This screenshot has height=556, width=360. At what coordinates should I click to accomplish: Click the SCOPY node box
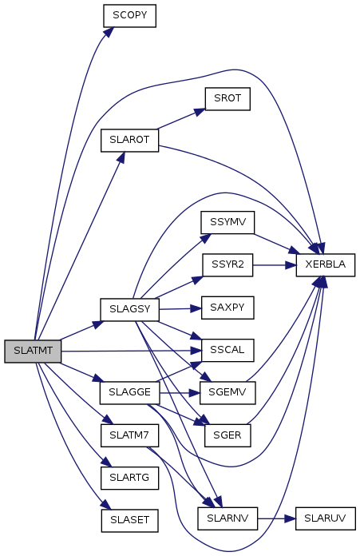coord(129,16)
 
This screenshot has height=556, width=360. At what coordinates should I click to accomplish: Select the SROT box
coord(227,99)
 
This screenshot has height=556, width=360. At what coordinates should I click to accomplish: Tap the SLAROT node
coord(129,141)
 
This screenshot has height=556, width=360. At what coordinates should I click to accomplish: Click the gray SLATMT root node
coord(33,351)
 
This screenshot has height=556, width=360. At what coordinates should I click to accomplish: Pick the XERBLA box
coord(326,265)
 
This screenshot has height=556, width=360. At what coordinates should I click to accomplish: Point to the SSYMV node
coord(227,222)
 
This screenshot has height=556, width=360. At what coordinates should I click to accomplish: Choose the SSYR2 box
coord(227,265)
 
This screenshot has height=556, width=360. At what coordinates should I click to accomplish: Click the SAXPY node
coord(227,308)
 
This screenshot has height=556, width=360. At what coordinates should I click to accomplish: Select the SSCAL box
coord(227,350)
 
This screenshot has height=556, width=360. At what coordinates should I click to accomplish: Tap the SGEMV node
coord(227,392)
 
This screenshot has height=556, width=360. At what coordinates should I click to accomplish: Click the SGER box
coord(227,435)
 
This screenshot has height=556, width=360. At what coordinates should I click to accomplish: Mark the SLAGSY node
coord(129,310)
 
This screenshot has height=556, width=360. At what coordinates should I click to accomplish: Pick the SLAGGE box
coord(129,392)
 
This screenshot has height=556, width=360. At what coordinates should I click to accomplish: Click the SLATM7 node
coord(129,435)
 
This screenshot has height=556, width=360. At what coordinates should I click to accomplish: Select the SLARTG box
coord(129,478)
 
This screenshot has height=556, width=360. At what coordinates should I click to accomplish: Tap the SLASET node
coord(129,521)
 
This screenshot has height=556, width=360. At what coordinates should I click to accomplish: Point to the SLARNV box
coord(227,518)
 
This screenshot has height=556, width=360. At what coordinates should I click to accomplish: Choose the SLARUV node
coord(326,518)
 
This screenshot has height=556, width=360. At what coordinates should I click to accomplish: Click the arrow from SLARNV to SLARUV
coord(276,518)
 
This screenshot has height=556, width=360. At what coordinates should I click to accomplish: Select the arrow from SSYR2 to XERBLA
coord(275,265)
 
